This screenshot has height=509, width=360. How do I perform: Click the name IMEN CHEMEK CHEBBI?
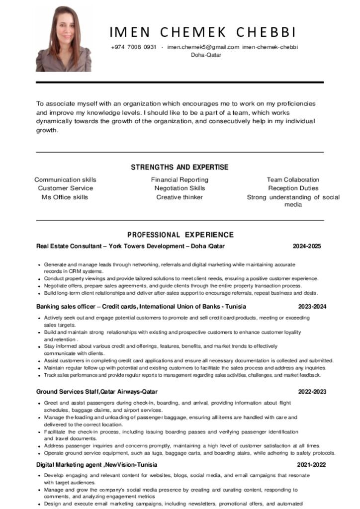point(203,32)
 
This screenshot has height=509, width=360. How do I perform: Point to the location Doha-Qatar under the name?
point(206,55)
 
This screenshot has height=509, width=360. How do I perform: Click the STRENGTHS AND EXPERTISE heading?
point(180,167)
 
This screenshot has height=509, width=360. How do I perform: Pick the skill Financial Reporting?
point(180,179)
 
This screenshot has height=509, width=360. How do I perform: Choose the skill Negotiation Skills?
point(180,188)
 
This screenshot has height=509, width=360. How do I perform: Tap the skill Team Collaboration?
point(293,179)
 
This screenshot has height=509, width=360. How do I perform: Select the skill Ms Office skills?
point(65,197)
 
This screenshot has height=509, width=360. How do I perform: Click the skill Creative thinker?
point(180,197)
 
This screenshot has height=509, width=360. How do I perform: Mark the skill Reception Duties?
point(293,188)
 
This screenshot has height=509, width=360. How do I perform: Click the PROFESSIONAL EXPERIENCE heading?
point(180,235)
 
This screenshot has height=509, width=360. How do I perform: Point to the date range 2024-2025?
point(307,246)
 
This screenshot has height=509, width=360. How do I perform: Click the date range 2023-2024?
point(312,307)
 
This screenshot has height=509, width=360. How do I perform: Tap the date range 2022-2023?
point(312,392)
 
